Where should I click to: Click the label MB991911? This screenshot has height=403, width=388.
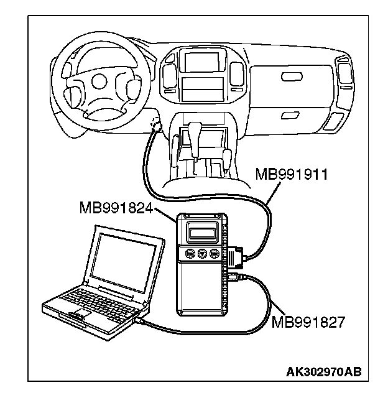(292, 175)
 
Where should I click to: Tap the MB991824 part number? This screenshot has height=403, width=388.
(116, 208)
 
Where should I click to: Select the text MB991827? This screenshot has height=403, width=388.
(308, 322)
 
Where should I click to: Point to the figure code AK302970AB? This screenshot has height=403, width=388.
(324, 372)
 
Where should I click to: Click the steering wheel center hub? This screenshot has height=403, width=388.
(99, 81)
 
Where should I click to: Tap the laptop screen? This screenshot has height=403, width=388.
(123, 262)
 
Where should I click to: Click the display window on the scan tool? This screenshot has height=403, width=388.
(201, 233)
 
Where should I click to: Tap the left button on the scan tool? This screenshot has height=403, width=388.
(190, 254)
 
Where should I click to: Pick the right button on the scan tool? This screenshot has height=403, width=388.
(215, 254)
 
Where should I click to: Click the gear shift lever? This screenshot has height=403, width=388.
(195, 139)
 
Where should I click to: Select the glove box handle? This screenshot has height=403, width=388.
(292, 76)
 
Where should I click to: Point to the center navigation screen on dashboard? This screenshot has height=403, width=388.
(202, 62)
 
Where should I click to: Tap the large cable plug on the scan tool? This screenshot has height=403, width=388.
(236, 257)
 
